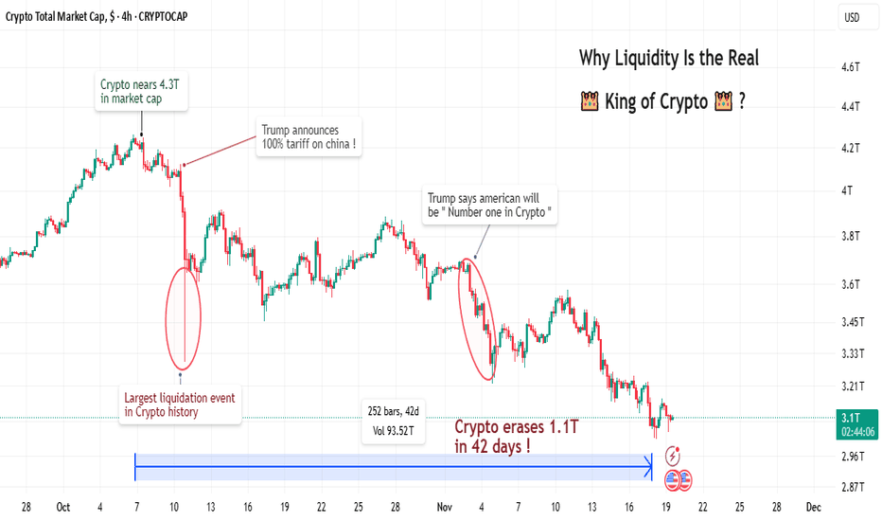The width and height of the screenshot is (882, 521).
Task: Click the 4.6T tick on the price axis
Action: coord(851,67)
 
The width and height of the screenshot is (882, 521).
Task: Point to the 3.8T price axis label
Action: coord(851,236)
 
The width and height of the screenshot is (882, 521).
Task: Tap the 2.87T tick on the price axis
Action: coord(851,487)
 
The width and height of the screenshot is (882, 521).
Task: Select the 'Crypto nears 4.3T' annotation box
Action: coord(143,92)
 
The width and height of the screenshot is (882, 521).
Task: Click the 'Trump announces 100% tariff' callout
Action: coord(310,138)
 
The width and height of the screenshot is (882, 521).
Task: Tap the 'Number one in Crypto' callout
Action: coord(490,207)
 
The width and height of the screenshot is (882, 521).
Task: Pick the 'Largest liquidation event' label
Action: coord(180,404)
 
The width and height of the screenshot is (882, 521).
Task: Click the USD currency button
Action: coord(853,17)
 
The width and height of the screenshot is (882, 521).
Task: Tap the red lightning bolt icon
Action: coord(673,454)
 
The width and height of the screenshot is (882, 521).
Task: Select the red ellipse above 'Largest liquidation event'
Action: coord(183,317)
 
